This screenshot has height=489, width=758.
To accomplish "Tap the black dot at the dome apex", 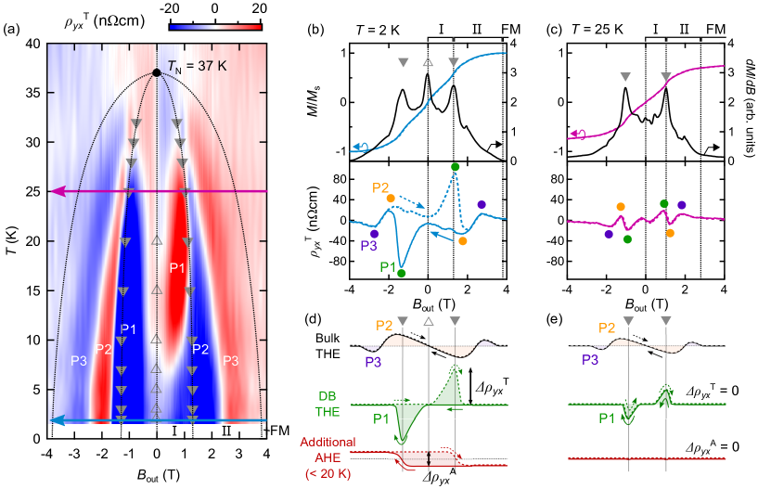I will click(x=157, y=72).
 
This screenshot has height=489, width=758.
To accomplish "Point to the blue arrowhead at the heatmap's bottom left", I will click(x=57, y=420).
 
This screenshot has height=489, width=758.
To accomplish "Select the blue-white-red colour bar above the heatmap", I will click(x=216, y=27).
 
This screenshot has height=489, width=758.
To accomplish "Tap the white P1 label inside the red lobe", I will click(x=178, y=268).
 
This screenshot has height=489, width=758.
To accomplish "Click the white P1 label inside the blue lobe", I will click(x=128, y=328).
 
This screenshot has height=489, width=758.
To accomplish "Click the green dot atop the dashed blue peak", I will click(x=455, y=167).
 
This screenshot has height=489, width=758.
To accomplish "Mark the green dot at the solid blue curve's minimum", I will click(x=402, y=274).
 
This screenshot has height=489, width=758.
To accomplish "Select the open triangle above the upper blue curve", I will click(x=428, y=62).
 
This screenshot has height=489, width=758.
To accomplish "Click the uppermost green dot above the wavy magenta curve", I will click(x=663, y=203).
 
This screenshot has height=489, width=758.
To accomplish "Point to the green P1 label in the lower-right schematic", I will click(x=606, y=418).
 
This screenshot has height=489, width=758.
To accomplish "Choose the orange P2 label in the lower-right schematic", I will click(x=607, y=328).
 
